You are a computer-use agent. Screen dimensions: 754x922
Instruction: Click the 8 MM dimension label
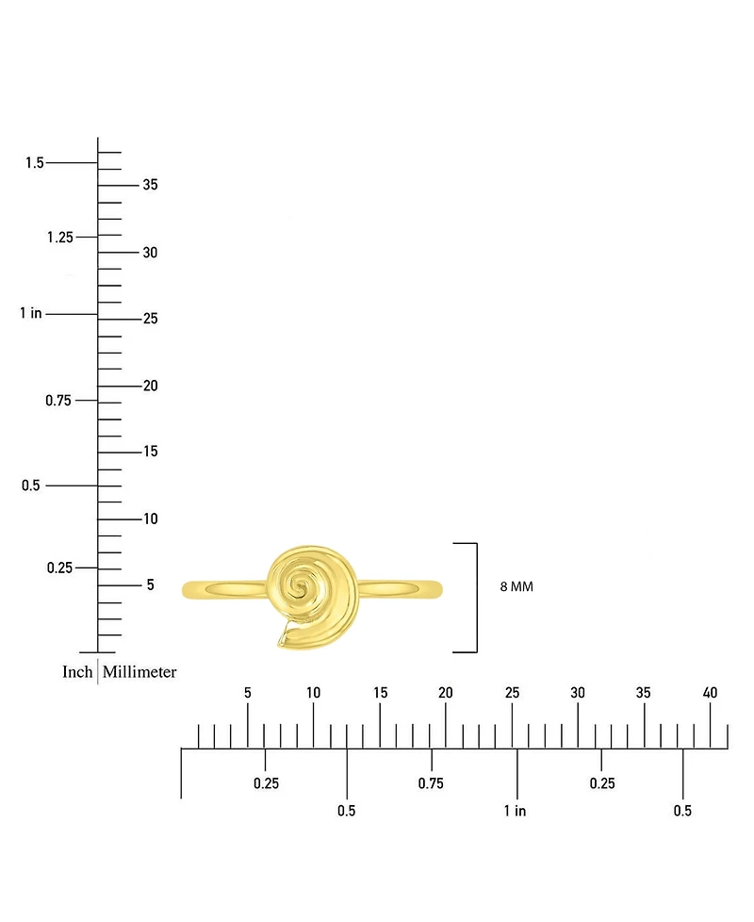516,586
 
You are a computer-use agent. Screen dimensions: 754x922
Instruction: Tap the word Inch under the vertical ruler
77,671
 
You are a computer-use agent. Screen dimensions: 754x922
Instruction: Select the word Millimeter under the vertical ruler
139,671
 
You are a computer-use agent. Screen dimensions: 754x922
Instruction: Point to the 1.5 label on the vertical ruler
35,162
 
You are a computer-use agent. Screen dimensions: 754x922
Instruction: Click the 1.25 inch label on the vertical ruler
60,237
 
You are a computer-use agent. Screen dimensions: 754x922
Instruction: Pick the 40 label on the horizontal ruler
710,693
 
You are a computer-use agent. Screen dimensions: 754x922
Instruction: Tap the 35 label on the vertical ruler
150,185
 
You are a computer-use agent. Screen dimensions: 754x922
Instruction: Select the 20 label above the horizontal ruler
446,693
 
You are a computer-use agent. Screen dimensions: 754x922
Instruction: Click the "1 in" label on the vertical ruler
30,313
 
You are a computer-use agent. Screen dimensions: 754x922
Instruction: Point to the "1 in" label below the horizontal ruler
515,811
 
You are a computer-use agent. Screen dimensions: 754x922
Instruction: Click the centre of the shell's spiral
301,586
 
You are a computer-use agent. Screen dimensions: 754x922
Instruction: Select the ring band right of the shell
400,589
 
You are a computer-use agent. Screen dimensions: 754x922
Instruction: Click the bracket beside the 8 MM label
476,598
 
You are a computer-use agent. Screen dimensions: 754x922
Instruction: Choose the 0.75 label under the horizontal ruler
431,783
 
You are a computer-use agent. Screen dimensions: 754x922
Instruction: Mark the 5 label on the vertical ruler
151,584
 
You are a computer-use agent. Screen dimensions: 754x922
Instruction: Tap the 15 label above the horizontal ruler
380,693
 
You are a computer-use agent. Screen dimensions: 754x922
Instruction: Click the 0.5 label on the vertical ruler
30,486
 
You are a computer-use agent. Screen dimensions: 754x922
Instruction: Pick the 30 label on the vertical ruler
150,253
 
